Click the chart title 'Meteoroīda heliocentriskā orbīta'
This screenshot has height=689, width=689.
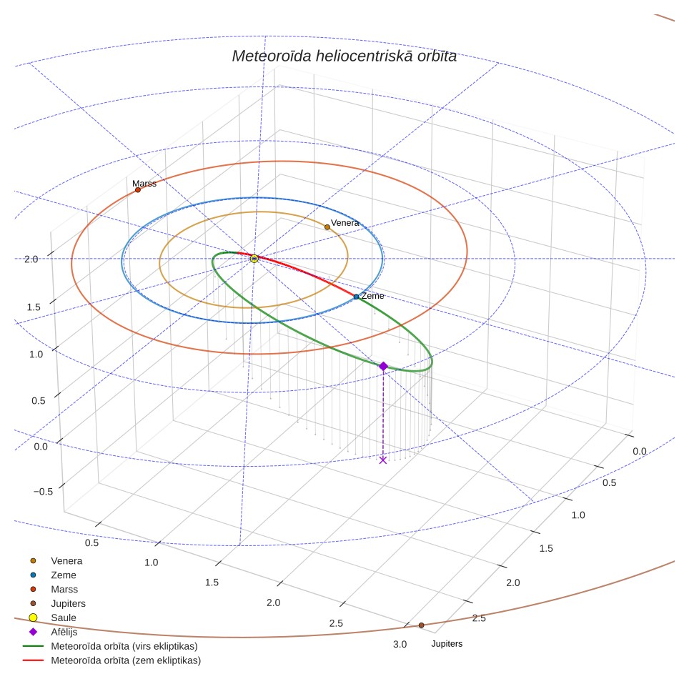point(344,56)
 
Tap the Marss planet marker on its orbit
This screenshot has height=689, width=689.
point(137,190)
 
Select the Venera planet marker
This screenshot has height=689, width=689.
point(327,227)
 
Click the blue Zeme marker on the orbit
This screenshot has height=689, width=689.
point(357,297)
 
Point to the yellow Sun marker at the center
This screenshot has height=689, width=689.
point(254,259)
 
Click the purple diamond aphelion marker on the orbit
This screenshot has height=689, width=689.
point(383,367)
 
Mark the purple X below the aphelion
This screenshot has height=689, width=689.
point(382,460)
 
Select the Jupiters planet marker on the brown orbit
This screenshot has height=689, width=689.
point(421,625)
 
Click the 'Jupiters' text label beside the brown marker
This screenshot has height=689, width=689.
point(447,644)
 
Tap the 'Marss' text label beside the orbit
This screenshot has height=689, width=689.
point(144,183)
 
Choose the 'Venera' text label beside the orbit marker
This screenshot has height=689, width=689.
point(345,223)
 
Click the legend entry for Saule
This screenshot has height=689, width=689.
point(52,618)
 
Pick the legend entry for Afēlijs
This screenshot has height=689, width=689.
point(53,632)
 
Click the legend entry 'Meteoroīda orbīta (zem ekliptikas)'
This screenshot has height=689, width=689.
point(111,660)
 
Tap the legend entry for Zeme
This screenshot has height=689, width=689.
point(52,575)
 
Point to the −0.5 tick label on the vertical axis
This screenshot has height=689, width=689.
point(43,492)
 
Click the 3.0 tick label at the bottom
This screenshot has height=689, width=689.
point(400,645)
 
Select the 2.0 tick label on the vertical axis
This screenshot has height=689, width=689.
point(31,259)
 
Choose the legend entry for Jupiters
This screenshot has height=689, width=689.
point(57,604)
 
